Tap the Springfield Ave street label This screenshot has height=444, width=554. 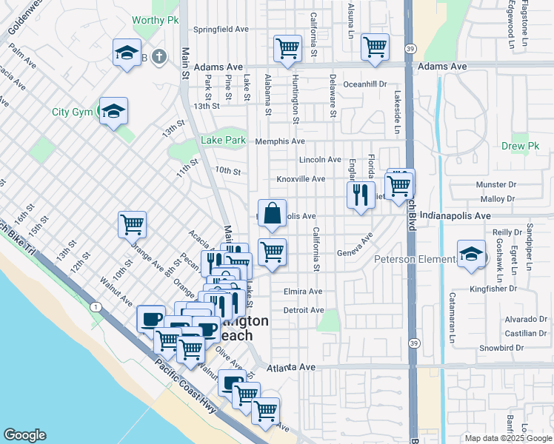(220, 30)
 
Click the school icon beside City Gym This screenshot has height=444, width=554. (113, 112)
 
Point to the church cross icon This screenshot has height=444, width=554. (158, 56)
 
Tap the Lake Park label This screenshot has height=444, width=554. (223, 140)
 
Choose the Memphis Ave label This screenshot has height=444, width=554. (280, 141)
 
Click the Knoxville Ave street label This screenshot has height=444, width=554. (301, 179)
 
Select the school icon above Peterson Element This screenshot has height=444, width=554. (470, 255)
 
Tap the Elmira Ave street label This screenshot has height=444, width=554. (303, 292)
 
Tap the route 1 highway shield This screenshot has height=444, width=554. (95, 306)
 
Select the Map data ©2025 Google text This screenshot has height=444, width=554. (507, 438)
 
